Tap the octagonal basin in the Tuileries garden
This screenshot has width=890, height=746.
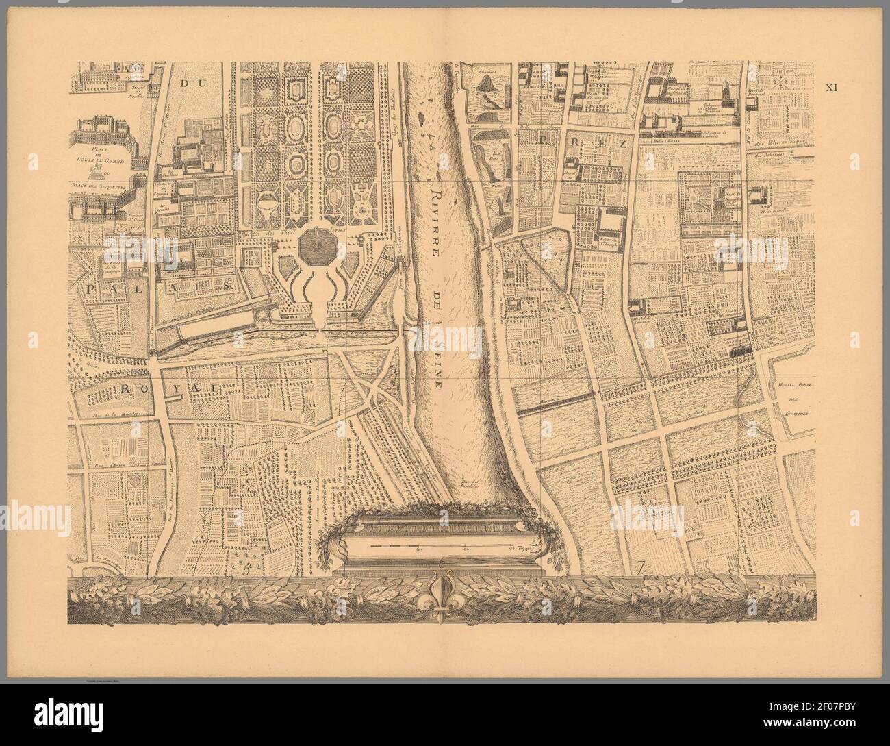point(316,251)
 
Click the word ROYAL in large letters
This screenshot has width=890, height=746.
point(168,388)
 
